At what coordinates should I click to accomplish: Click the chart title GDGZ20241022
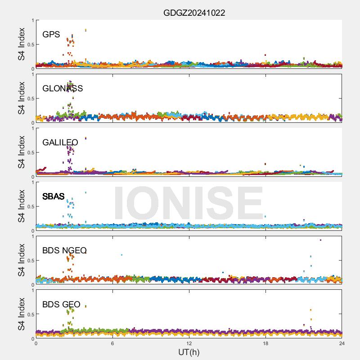[194, 13]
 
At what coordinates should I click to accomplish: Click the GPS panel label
[51, 35]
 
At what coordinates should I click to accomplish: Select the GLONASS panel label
[63, 89]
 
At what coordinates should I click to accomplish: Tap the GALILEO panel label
[60, 143]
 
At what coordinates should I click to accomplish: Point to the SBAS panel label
[54, 197]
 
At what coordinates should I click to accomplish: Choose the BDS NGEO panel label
[64, 251]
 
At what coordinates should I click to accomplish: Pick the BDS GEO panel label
[61, 305]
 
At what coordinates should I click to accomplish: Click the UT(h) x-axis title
[189, 352]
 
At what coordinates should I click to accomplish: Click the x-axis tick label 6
[112, 343]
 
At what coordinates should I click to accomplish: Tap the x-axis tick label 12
[189, 343]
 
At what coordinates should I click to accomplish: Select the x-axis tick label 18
[265, 343]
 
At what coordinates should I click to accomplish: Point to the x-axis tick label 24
[342, 343]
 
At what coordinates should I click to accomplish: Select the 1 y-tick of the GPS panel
[32, 21]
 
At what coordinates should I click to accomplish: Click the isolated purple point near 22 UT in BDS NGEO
[320, 240]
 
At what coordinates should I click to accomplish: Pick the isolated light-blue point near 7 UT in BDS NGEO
[121, 255]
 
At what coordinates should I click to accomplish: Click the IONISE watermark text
[189, 203]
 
